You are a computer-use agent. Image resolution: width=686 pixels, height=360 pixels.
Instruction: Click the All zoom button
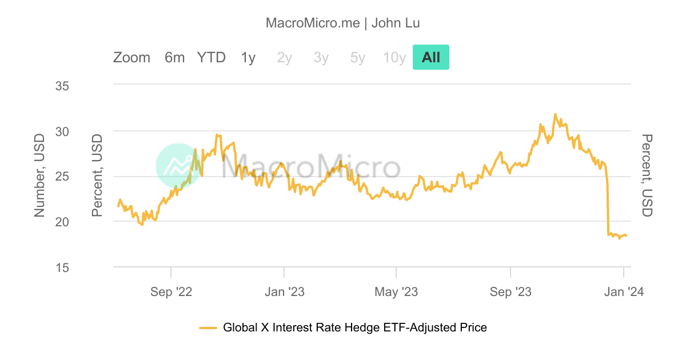[431, 57]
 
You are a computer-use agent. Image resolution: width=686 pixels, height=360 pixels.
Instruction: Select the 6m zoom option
[174, 57]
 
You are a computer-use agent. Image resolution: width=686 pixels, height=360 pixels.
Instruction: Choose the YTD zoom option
[212, 57]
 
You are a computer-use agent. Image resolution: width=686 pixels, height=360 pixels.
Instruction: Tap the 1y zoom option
[248, 57]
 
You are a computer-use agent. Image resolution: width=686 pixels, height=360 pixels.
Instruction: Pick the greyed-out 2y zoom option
[284, 57]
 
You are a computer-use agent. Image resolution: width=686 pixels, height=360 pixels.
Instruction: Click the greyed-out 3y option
[321, 57]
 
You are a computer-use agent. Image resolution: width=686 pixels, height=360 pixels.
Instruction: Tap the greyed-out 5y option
[357, 57]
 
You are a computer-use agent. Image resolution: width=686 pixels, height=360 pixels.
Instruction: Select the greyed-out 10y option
[394, 57]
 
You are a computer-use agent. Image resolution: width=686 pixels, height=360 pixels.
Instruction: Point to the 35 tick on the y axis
[62, 86]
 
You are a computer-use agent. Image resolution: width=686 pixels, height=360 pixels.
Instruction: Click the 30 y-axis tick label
[62, 131]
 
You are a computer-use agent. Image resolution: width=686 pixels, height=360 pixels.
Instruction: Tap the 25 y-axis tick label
[62, 177]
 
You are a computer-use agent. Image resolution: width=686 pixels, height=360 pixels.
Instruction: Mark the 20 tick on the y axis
[62, 222]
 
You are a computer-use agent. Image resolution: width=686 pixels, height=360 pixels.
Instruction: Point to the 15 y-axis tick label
[62, 267]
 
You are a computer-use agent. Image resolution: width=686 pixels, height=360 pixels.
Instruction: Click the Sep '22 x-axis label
[171, 292]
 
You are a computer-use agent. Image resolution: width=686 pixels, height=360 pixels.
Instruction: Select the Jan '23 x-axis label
[284, 292]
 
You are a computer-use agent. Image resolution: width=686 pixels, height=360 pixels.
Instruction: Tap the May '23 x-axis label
[396, 292]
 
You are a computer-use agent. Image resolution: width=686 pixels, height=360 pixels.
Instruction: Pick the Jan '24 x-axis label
[624, 292]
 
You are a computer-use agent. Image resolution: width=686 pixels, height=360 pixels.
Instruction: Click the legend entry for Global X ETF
[354, 327]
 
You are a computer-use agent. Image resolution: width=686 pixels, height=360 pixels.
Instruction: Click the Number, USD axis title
[39, 175]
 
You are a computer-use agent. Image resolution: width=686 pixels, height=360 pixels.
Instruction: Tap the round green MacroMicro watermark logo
[178, 166]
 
